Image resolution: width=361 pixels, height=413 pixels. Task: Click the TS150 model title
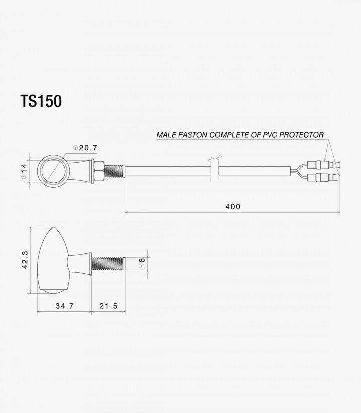(41, 101)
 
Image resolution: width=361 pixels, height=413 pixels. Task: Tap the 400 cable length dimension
(233, 207)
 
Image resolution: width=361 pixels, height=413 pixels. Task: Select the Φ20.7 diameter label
(85, 148)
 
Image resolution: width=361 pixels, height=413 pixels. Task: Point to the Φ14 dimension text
(24, 171)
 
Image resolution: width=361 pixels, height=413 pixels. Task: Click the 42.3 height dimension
(25, 260)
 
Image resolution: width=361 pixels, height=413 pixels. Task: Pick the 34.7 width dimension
(65, 306)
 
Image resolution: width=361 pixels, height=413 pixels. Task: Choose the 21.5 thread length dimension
(108, 306)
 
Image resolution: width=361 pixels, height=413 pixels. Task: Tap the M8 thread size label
(142, 263)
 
